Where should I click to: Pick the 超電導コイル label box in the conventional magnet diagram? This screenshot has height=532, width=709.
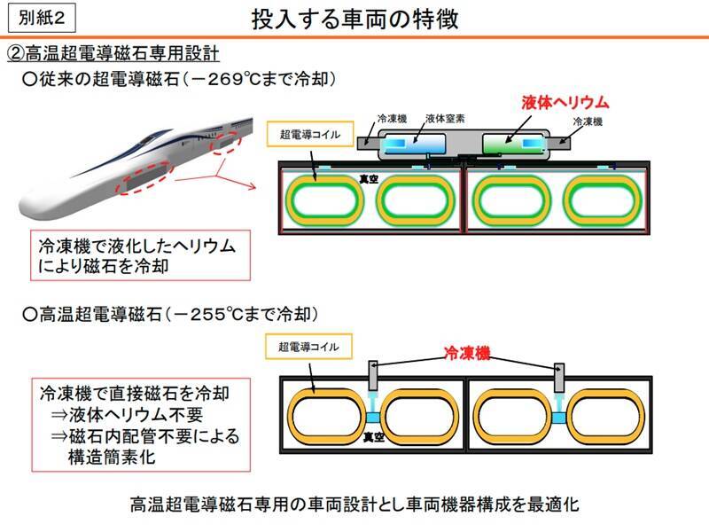(x=308, y=136)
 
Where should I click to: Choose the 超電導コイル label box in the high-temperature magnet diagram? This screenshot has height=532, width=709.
(x=308, y=347)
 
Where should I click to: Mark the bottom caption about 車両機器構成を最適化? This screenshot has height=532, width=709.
(x=354, y=505)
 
